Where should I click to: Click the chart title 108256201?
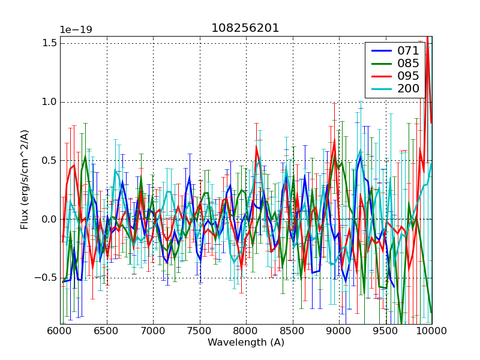click(245, 28)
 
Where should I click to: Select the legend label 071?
click(408, 51)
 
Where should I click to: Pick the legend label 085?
click(408, 64)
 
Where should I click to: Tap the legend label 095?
click(408, 76)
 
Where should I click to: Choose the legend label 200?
click(408, 89)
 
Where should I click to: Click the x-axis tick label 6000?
click(60, 332)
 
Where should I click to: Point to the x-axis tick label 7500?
click(200, 332)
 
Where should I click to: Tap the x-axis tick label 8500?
click(293, 332)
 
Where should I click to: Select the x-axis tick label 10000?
click(432, 332)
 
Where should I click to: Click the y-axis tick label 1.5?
click(50, 43)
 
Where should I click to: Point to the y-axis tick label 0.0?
click(50, 219)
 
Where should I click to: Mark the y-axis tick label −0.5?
click(47, 278)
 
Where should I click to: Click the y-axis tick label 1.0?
click(50, 102)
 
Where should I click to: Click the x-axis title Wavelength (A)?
click(246, 343)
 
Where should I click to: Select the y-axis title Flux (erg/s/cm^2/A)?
click(25, 180)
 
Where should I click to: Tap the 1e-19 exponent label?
click(75, 30)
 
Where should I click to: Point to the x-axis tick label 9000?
click(339, 332)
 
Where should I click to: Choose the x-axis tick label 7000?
click(153, 332)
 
